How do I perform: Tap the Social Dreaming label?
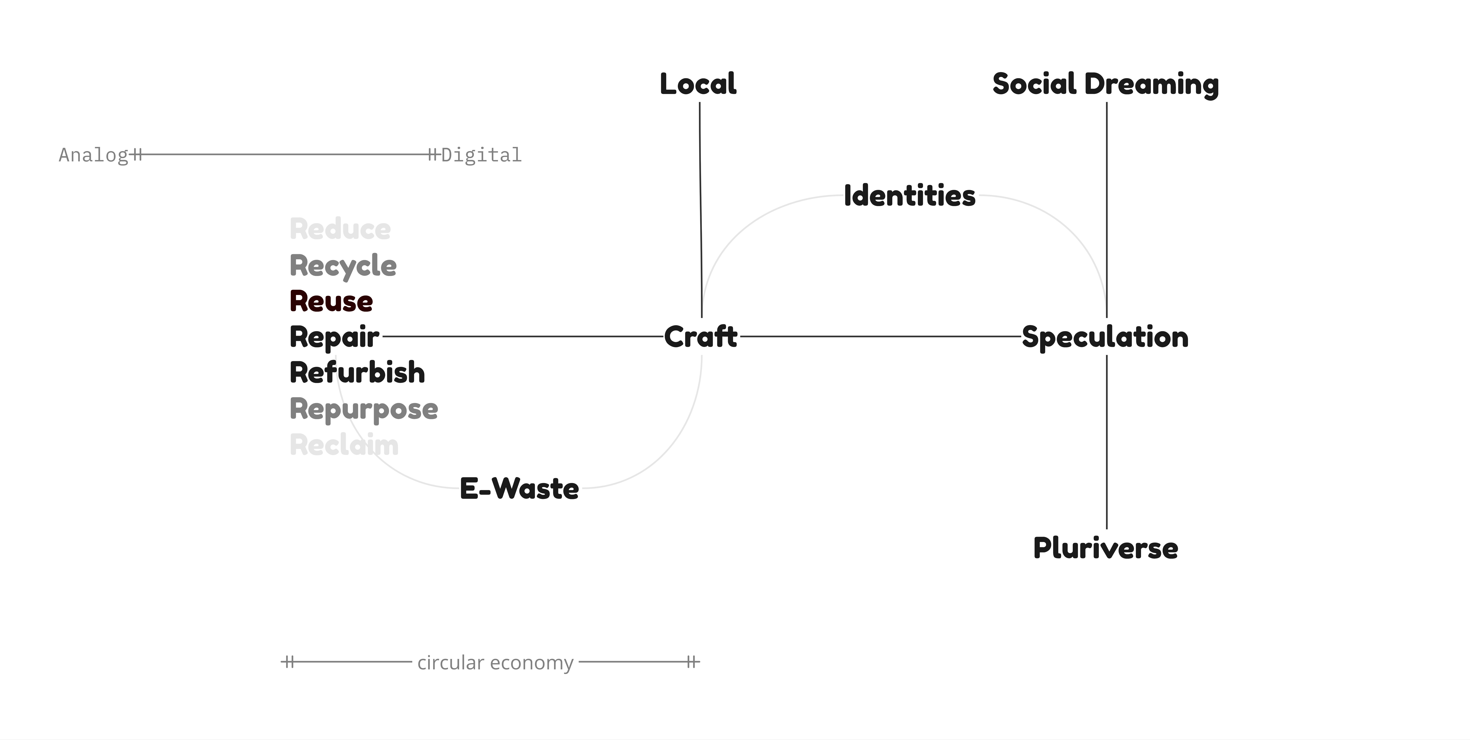[1105, 84]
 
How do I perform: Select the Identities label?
[910, 196]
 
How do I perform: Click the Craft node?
[701, 337]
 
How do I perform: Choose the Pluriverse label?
[1105, 548]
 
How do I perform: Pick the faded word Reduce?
[340, 229]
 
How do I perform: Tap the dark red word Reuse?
[331, 301]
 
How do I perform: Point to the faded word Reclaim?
[344, 445]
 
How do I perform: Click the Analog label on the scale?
[93, 155]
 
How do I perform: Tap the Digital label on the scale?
[481, 155]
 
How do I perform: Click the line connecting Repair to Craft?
[522, 337]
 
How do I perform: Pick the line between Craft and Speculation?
[879, 337]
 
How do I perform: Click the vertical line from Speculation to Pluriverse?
[1106, 442]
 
